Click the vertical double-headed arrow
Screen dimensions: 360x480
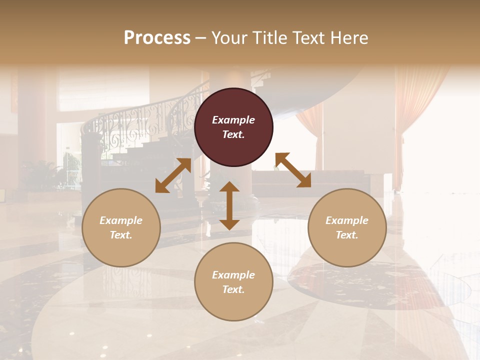click(229, 205)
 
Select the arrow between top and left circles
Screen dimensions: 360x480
click(173, 175)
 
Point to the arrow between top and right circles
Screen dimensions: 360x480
click(293, 170)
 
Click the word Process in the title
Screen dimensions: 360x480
click(157, 38)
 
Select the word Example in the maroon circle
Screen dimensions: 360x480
click(233, 120)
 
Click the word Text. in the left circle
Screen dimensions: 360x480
click(121, 235)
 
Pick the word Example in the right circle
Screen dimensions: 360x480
click(347, 220)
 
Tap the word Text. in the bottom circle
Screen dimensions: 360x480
click(233, 289)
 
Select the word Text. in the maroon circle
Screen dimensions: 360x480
click(233, 134)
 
